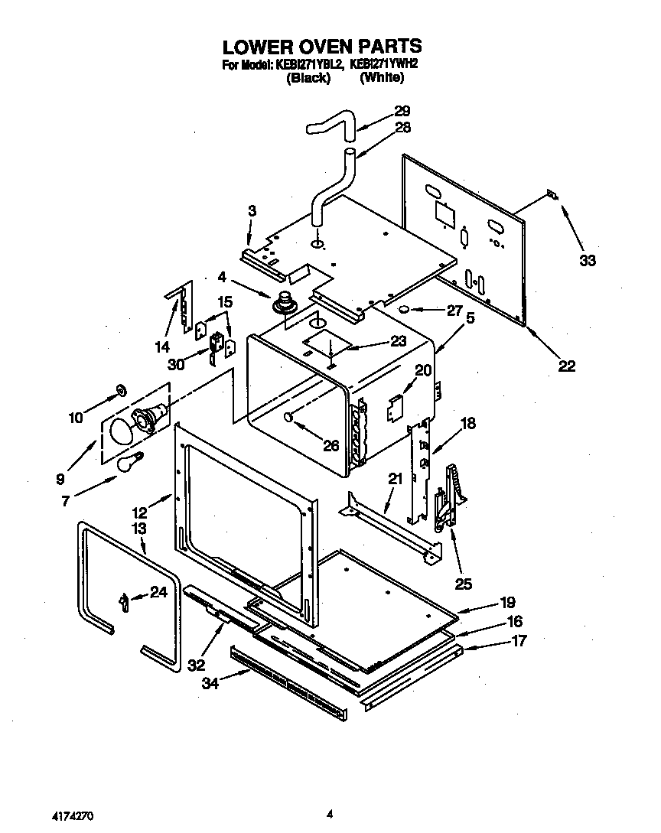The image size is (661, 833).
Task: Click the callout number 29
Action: (x=402, y=111)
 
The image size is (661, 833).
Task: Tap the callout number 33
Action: (x=587, y=260)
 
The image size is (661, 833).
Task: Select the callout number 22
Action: (x=566, y=366)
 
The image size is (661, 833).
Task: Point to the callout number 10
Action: (x=75, y=418)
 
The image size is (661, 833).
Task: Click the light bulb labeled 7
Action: (x=128, y=462)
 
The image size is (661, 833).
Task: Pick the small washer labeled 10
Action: (x=120, y=392)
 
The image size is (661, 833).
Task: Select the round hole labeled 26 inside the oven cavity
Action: (x=288, y=417)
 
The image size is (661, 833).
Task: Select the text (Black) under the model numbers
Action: (x=308, y=78)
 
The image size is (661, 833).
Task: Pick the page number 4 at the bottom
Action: (x=330, y=815)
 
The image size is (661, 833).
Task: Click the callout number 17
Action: (x=519, y=641)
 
